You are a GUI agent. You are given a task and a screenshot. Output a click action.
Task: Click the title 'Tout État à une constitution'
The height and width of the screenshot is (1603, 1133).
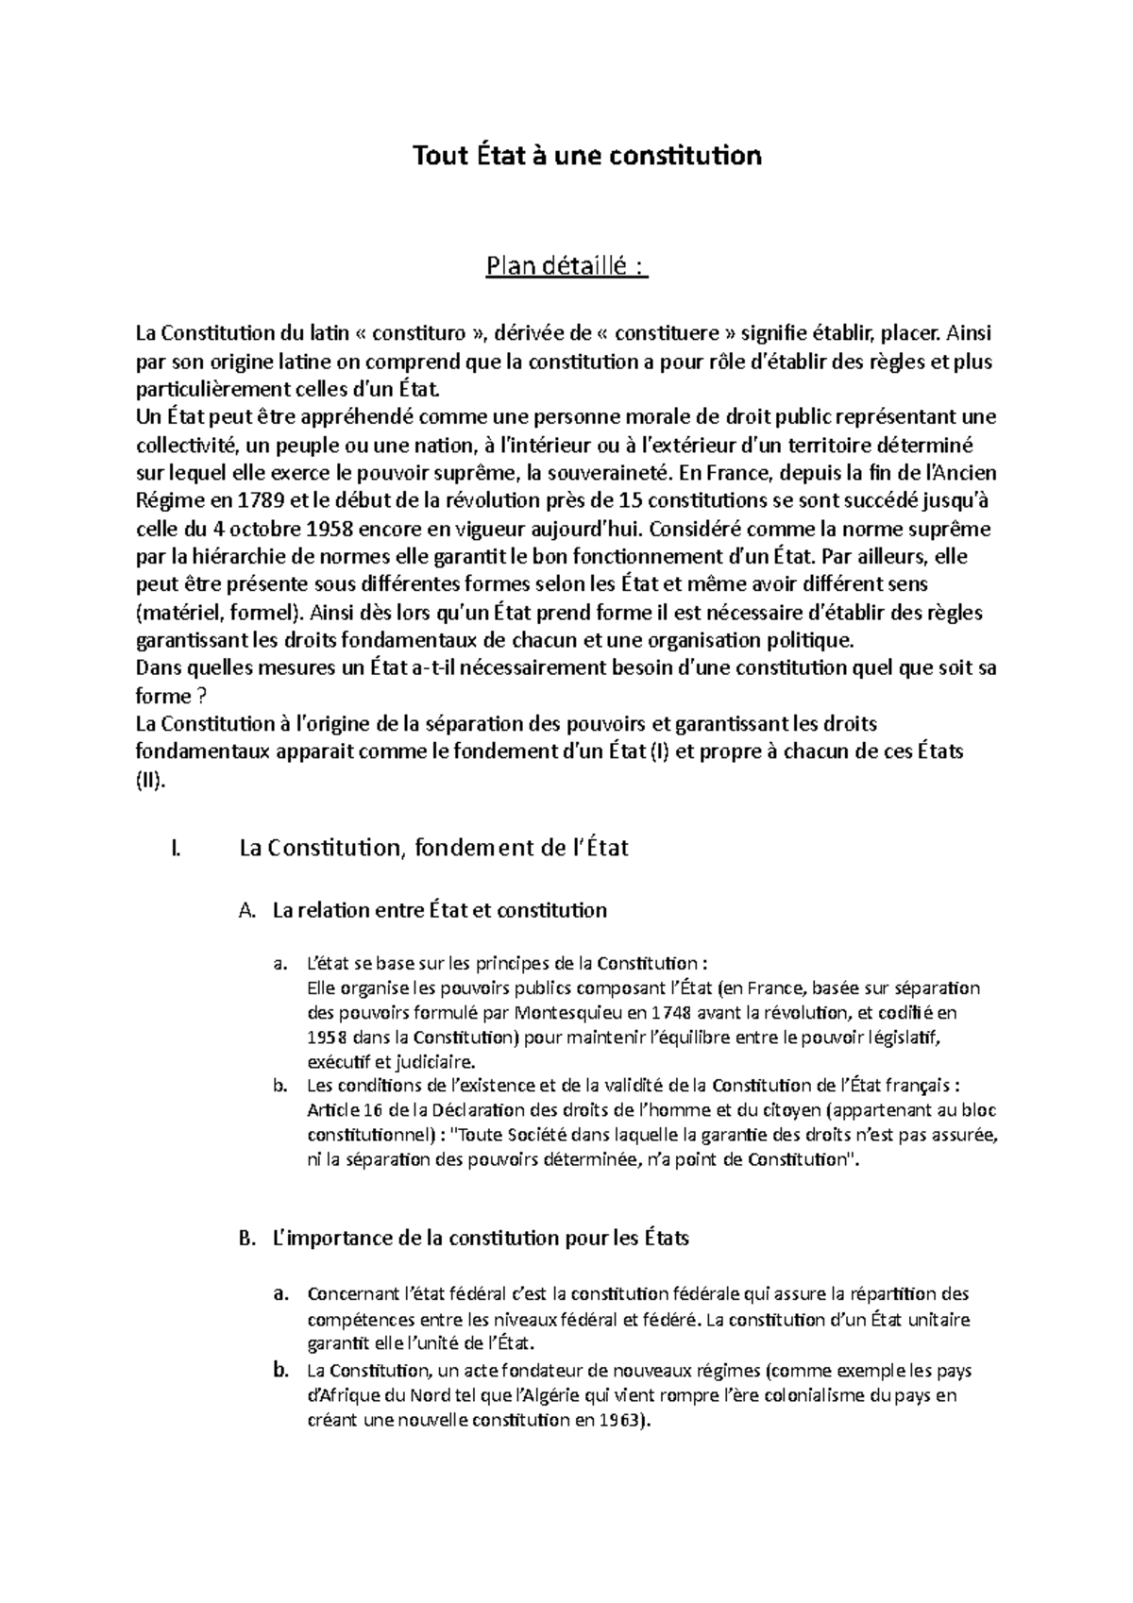click(x=586, y=155)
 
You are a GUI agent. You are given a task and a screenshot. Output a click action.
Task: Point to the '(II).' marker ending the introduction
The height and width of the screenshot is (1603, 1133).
click(x=151, y=781)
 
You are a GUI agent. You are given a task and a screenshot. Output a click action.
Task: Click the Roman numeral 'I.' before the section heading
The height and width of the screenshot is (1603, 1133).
click(x=172, y=848)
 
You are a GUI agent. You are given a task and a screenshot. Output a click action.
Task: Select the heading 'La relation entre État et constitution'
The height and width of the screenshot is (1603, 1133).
click(x=439, y=911)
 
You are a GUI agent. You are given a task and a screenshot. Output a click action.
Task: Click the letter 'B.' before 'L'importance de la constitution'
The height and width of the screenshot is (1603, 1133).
click(x=248, y=1238)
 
